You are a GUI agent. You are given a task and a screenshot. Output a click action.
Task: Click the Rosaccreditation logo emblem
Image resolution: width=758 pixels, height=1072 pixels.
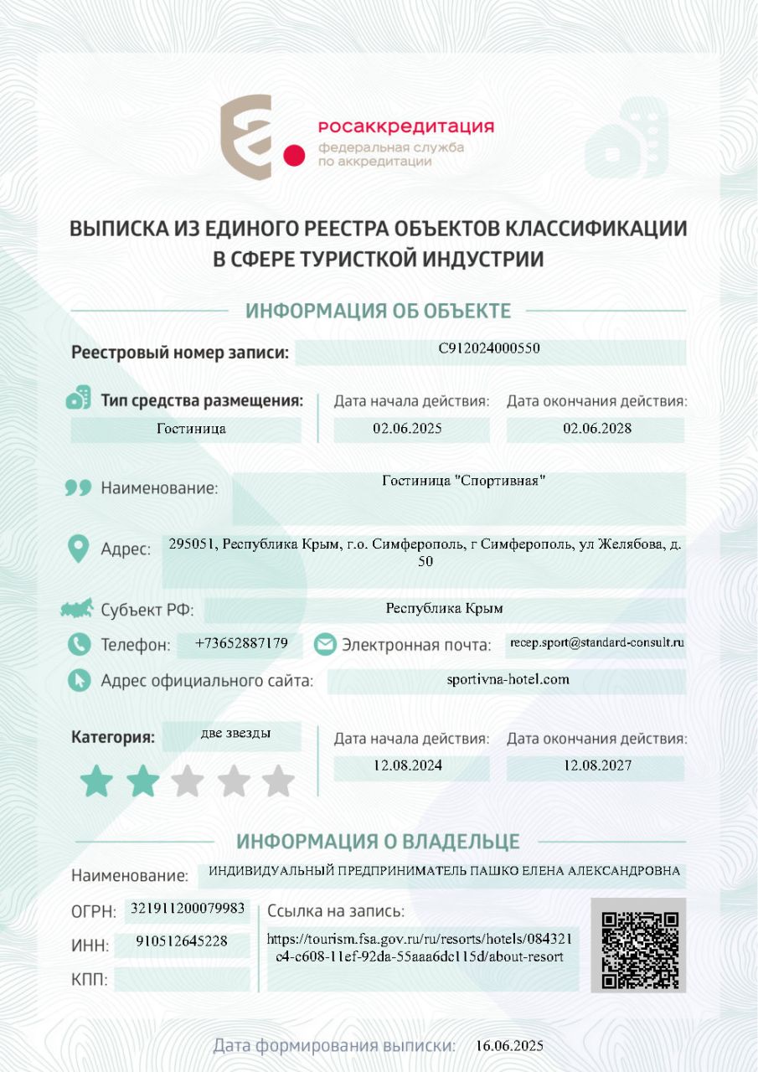pos(251,137)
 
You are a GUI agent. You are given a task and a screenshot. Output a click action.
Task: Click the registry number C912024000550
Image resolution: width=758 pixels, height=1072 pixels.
pos(489,349)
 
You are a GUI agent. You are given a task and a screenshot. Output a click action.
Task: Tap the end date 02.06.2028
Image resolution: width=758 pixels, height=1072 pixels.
pos(596,429)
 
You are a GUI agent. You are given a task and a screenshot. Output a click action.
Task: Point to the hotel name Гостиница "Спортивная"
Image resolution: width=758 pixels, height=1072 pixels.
pos(463,481)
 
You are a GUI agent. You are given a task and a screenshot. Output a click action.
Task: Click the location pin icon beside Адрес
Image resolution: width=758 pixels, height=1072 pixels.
pos(78,549)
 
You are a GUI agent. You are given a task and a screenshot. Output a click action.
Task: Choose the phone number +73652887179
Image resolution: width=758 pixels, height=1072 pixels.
pos(241,643)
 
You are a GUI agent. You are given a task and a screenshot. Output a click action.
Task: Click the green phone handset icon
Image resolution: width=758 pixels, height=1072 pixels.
pos(79,644)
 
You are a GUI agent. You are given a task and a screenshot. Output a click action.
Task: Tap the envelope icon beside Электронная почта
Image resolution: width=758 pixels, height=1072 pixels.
pos(325,644)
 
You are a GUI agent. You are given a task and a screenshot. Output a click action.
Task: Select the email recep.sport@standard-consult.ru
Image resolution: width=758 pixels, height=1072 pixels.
pos(596,643)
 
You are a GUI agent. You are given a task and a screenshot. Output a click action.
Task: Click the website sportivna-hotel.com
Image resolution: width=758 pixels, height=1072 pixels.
pos(508,679)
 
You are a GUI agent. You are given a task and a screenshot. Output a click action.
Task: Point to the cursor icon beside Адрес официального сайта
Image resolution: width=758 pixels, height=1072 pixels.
pos(79,680)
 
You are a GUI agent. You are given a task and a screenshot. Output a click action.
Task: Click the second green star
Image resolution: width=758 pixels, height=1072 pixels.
pos(142,781)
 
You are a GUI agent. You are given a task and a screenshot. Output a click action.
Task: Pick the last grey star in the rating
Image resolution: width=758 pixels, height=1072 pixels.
pos(278,781)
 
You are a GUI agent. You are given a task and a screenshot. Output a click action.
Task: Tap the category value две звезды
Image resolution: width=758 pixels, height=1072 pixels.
pos(235,734)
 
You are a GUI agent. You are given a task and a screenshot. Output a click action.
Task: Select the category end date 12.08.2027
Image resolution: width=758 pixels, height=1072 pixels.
pos(596,765)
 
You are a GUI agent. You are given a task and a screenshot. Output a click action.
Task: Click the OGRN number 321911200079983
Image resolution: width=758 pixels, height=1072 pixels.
pos(188,908)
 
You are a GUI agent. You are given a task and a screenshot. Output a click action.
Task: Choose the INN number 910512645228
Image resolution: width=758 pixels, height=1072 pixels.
pos(182,941)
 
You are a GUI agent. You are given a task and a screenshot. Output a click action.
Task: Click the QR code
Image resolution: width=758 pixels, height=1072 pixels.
pos(638,946)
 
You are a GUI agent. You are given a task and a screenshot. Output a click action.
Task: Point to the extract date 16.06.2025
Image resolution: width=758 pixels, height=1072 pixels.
pos(509,1045)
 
